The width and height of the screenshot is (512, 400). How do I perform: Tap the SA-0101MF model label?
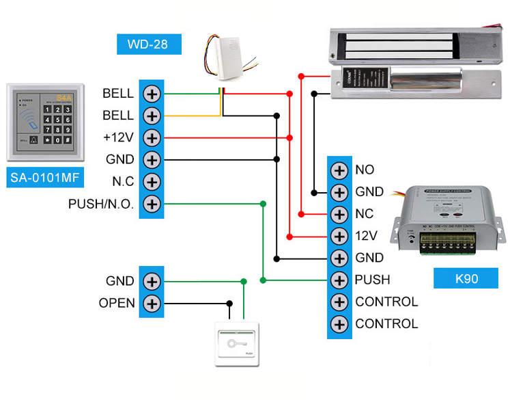click(46, 178)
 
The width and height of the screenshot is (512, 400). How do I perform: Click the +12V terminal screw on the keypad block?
click(151, 137)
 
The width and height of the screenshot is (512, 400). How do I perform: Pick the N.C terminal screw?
click(151, 182)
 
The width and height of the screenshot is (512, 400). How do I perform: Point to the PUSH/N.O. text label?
click(101, 204)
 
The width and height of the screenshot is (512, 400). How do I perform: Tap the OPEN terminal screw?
click(151, 303)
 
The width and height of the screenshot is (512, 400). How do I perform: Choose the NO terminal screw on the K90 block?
click(339, 170)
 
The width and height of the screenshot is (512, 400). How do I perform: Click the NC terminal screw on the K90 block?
click(339, 214)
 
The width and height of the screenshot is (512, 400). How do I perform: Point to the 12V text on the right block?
click(366, 236)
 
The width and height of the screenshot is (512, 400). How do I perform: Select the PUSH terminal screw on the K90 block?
click(339, 280)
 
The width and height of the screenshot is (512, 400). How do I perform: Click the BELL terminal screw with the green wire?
click(151, 93)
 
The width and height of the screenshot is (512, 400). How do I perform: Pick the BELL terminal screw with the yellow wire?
click(151, 115)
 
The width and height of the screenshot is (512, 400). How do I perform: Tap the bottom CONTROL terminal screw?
click(339, 323)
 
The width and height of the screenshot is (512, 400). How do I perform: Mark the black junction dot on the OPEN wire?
click(231, 303)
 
